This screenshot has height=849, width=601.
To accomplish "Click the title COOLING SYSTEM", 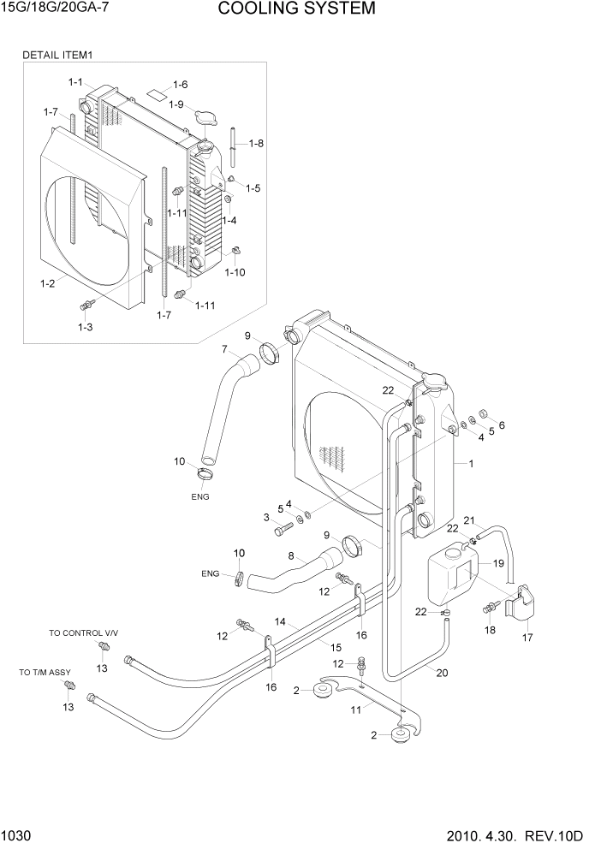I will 296,9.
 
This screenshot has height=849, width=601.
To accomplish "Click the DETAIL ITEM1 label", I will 57,55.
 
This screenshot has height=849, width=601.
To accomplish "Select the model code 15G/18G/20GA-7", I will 53,9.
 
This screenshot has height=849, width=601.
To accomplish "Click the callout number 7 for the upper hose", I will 224,349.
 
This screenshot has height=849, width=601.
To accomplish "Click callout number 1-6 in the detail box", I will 180,84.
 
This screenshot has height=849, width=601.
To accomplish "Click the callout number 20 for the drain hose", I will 442,673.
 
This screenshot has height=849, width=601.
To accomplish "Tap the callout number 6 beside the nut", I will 502,424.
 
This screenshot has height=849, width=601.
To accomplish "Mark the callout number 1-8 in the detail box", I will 255,143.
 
